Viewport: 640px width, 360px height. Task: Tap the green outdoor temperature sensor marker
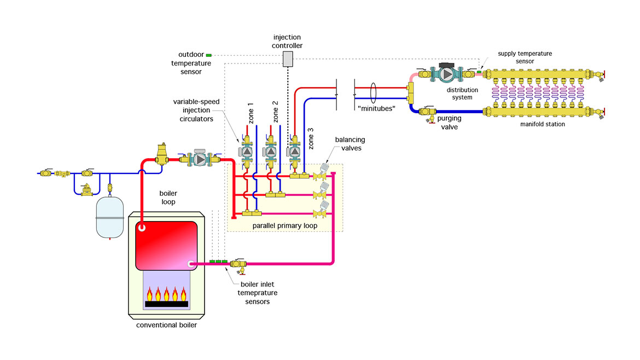tap(208, 55)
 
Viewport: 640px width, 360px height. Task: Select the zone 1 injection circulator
tap(246, 151)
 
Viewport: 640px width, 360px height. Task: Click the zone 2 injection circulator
tap(270, 151)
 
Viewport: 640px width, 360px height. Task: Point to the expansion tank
tap(109, 218)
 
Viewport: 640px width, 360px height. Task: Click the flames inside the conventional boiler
tap(166, 296)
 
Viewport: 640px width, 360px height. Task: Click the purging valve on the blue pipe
tap(427, 113)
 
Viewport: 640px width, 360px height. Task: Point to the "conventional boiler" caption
tap(166, 326)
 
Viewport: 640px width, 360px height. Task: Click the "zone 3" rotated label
tap(311, 138)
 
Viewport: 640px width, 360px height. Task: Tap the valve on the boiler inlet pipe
tap(238, 264)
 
